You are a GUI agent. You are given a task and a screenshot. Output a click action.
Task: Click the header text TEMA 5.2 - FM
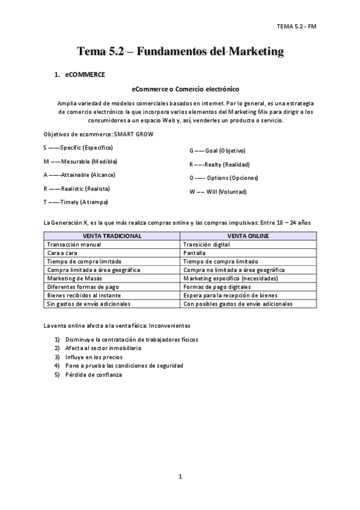296,26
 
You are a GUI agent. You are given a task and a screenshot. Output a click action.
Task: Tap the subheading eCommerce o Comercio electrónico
180,89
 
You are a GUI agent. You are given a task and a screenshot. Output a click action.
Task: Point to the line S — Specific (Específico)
78,147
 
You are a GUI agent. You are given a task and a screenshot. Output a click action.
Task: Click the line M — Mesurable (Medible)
81,161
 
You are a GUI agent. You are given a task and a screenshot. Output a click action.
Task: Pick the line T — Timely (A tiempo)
76,202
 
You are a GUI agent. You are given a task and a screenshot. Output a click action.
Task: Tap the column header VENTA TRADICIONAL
112,236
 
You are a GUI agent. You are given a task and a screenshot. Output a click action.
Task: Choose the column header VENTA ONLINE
248,236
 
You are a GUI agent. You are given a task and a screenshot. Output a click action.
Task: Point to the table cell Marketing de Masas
75,278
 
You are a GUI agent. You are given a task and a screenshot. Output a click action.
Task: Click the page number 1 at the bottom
180,477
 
